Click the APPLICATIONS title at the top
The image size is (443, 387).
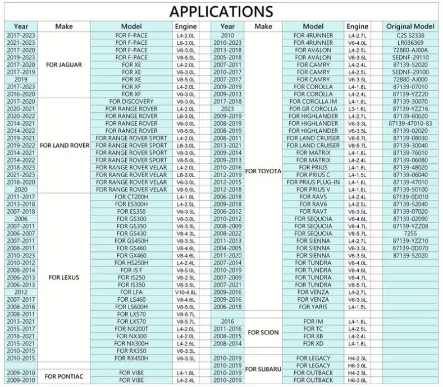221,11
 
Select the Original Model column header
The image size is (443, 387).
410,26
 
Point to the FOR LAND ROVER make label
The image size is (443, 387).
64,145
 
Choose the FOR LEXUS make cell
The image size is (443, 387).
63,277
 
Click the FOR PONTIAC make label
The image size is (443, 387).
64,376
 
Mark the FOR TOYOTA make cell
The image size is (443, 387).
263,171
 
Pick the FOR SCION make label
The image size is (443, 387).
263,333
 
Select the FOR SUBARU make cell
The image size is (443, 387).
263,369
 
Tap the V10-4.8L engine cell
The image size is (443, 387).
186,292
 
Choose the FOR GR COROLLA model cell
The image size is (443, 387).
313,109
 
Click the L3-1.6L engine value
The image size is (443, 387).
357,109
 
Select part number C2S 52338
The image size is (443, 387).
410,35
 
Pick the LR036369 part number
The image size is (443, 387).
410,43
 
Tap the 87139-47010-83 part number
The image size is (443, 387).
410,123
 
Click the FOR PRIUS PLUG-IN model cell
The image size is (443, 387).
313,182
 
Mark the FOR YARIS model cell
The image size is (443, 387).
313,307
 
